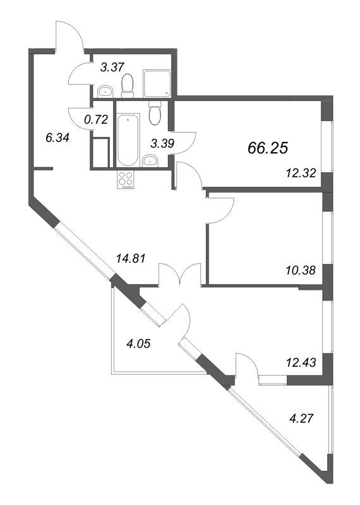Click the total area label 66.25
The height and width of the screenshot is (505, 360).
point(268,148)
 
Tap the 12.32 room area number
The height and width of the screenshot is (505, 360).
point(301,174)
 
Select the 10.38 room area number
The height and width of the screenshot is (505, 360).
point(301,270)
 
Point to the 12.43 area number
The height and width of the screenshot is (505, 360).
point(301,362)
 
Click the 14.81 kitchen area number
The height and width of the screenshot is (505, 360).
point(131,258)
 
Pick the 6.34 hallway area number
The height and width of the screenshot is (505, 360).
point(57,138)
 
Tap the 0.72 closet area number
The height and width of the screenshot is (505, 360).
point(95,120)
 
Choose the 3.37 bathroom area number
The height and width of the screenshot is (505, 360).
point(112,68)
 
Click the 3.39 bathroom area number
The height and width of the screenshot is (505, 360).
point(162,144)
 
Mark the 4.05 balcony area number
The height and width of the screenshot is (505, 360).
point(138,343)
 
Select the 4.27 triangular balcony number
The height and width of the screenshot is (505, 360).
point(301,419)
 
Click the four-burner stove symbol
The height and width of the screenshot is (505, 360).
point(126,180)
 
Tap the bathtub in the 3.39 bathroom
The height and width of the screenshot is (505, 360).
point(128,140)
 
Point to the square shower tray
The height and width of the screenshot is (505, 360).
point(157,83)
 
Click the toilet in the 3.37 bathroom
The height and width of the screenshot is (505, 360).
point(128,85)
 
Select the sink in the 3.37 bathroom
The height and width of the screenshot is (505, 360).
point(105,91)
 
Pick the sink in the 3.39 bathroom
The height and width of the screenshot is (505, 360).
point(150,160)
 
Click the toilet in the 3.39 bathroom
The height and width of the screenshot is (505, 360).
point(155,113)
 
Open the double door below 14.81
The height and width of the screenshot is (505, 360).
point(180,275)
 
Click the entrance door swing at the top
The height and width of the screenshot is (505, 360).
point(69,35)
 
